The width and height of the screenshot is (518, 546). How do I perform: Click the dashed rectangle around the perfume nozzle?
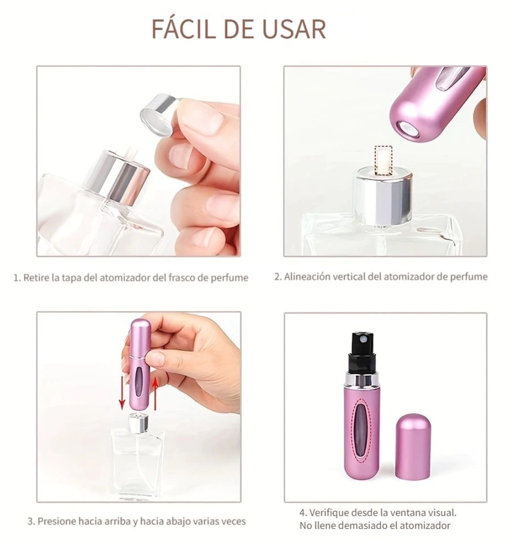[x=383, y=160]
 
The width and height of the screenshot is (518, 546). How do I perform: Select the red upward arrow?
[x=155, y=394]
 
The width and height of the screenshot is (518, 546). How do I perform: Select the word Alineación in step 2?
[x=306, y=277]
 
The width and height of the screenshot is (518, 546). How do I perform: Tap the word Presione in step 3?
[x=57, y=521]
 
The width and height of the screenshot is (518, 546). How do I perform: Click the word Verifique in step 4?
[x=328, y=513]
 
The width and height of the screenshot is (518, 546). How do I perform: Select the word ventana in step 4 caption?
[x=405, y=513]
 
